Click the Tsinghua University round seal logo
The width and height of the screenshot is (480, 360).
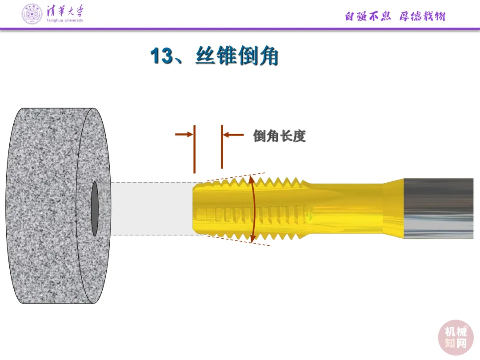[x=32, y=14]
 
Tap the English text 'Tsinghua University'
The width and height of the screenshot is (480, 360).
[x=64, y=20]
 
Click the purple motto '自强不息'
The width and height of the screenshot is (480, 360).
[x=368, y=16]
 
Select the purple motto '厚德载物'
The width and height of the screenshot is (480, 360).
[x=422, y=16]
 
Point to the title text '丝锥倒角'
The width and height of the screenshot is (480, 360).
[x=236, y=56]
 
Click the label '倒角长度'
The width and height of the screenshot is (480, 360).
[x=280, y=136]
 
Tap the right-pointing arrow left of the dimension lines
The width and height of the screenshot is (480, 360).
[x=184, y=133]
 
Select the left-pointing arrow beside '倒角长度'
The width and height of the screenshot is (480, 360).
[x=233, y=134]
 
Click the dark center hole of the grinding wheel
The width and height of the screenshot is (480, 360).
[x=95, y=209]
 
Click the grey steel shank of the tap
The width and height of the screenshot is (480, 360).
[x=438, y=208]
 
